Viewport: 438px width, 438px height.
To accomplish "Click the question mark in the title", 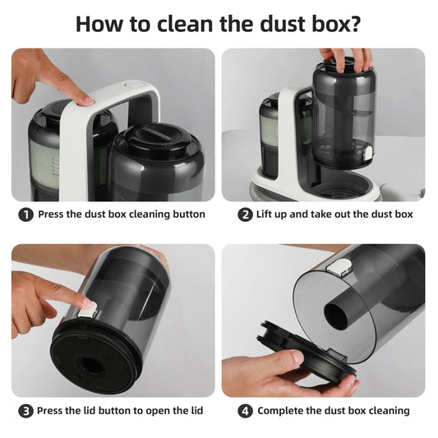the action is click(354, 24).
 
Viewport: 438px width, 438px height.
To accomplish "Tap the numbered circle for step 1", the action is click(26, 214).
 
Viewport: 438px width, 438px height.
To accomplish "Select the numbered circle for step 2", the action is click(245, 214).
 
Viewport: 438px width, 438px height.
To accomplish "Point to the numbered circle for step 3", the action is click(26, 411).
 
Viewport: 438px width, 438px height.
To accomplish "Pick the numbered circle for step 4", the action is click(245, 411).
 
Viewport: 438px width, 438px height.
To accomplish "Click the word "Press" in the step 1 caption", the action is click(51, 214).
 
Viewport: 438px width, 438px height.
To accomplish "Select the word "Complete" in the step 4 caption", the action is click(280, 411).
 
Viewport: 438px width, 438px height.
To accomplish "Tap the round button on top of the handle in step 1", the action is click(135, 84).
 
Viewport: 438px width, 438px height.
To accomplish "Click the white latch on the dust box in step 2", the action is click(368, 152).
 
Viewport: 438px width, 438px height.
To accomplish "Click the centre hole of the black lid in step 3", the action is click(90, 366).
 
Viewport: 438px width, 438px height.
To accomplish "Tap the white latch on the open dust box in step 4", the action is click(339, 267).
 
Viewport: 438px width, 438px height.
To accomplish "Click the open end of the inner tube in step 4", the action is click(336, 316).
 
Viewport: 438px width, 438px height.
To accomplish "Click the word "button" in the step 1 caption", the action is click(189, 214).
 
